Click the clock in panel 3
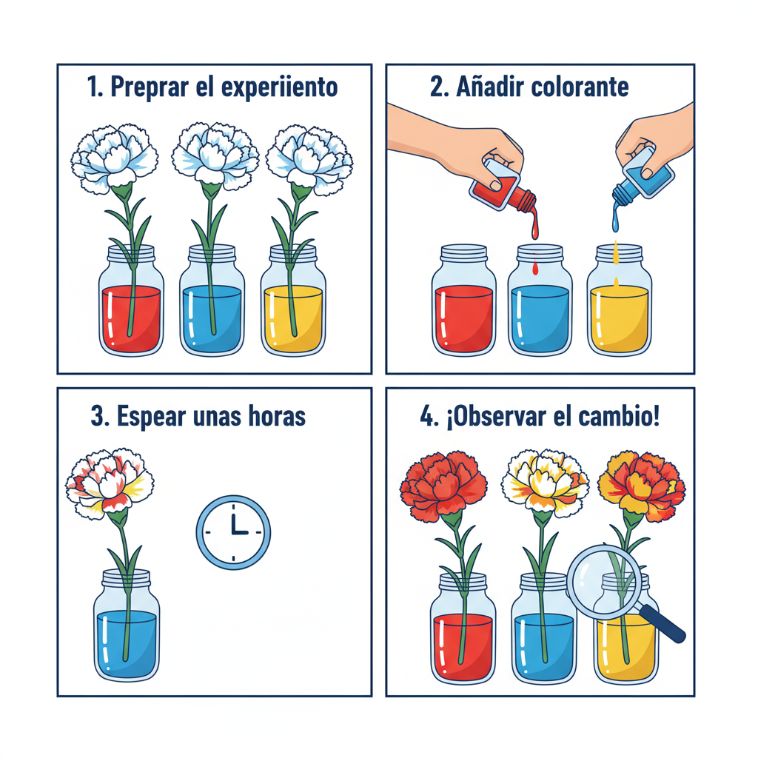click(233, 532)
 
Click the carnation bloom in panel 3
click(110, 482)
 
